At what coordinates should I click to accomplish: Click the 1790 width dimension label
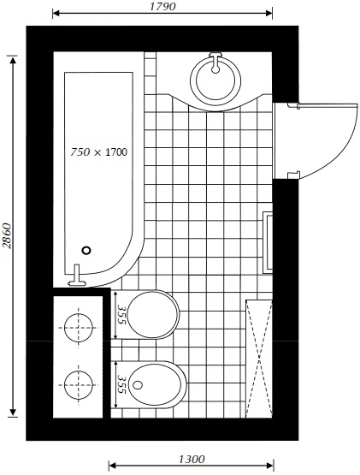click(x=162, y=6)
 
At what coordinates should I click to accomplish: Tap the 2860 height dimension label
click(x=7, y=236)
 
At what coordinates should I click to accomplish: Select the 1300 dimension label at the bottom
click(x=192, y=460)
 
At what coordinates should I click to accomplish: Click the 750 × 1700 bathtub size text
click(x=98, y=151)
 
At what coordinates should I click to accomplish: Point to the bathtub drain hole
click(x=86, y=250)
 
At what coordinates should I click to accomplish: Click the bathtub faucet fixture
click(x=77, y=276)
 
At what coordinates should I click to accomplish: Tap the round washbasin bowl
click(x=215, y=80)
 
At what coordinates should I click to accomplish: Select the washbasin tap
click(x=215, y=62)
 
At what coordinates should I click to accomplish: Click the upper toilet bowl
click(x=153, y=314)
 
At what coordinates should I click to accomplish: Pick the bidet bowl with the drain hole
click(x=156, y=384)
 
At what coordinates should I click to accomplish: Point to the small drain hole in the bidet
click(x=138, y=385)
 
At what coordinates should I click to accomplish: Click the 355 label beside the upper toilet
click(x=121, y=314)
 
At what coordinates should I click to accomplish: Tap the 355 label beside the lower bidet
click(x=121, y=384)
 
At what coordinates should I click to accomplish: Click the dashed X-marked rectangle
click(x=259, y=359)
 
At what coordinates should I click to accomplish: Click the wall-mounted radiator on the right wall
click(x=268, y=241)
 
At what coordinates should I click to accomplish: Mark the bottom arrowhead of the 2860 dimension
click(x=13, y=413)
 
